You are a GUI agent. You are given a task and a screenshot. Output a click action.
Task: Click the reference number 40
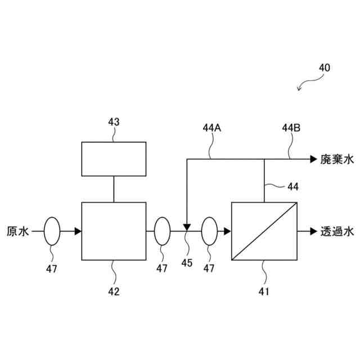(x=325, y=67)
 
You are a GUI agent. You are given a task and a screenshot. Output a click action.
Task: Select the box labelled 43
(x=114, y=159)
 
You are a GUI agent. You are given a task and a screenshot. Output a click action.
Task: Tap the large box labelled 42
(x=114, y=231)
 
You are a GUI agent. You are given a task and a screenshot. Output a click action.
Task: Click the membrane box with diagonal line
(x=264, y=231)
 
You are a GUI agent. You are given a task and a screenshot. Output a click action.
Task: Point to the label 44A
(x=211, y=128)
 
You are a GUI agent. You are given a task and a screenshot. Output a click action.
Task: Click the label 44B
(x=291, y=128)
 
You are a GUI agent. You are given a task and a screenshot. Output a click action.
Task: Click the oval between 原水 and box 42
(x=52, y=231)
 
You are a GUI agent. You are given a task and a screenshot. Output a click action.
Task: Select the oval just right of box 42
(x=161, y=231)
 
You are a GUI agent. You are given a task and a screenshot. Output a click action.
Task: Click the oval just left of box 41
(x=209, y=231)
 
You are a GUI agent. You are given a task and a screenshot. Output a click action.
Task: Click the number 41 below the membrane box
(x=264, y=291)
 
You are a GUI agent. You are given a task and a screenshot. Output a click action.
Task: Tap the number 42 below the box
(x=114, y=291)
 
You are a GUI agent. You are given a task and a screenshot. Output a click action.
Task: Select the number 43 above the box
(x=114, y=121)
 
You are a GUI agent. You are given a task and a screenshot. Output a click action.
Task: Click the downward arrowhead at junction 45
(x=186, y=226)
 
